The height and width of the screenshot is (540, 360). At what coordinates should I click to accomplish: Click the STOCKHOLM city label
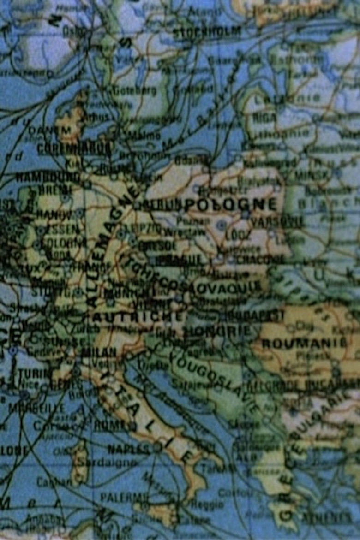pos(207,32)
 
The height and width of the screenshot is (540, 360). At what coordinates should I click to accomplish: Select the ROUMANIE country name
pos(304,343)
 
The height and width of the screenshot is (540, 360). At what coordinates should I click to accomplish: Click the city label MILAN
pos(98,352)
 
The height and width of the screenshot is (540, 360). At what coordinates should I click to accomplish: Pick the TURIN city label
pos(34,373)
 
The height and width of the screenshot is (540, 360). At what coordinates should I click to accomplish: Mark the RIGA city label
pos(264,118)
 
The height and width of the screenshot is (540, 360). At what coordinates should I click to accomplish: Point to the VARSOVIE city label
pos(277,222)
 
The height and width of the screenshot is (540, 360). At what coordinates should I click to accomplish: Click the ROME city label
pos(109,426)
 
